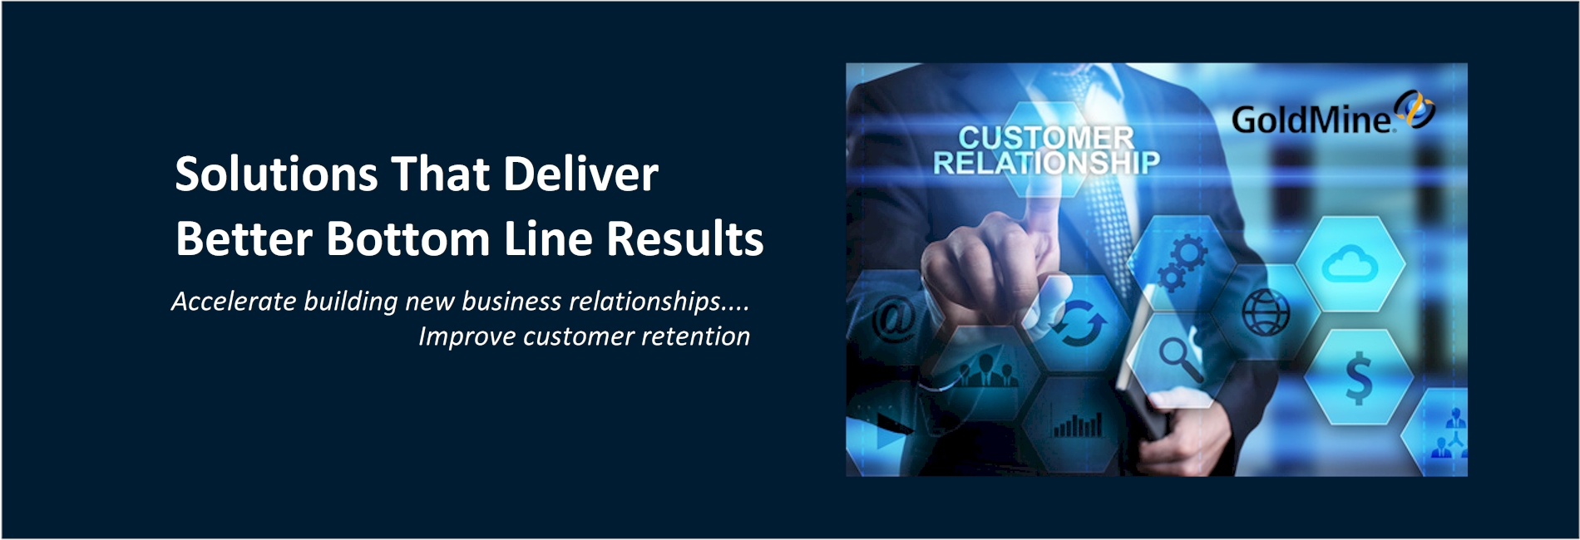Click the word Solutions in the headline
click(276, 174)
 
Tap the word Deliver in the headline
click(580, 174)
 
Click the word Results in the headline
click(684, 238)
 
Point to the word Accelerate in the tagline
click(234, 301)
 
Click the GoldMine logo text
click(1312, 120)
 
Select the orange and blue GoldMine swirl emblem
click(1415, 110)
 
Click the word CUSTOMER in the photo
click(1046, 137)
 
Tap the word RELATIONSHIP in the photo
click(1046, 163)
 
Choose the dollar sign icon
click(1359, 377)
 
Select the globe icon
click(1266, 312)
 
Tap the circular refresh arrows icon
click(1079, 323)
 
